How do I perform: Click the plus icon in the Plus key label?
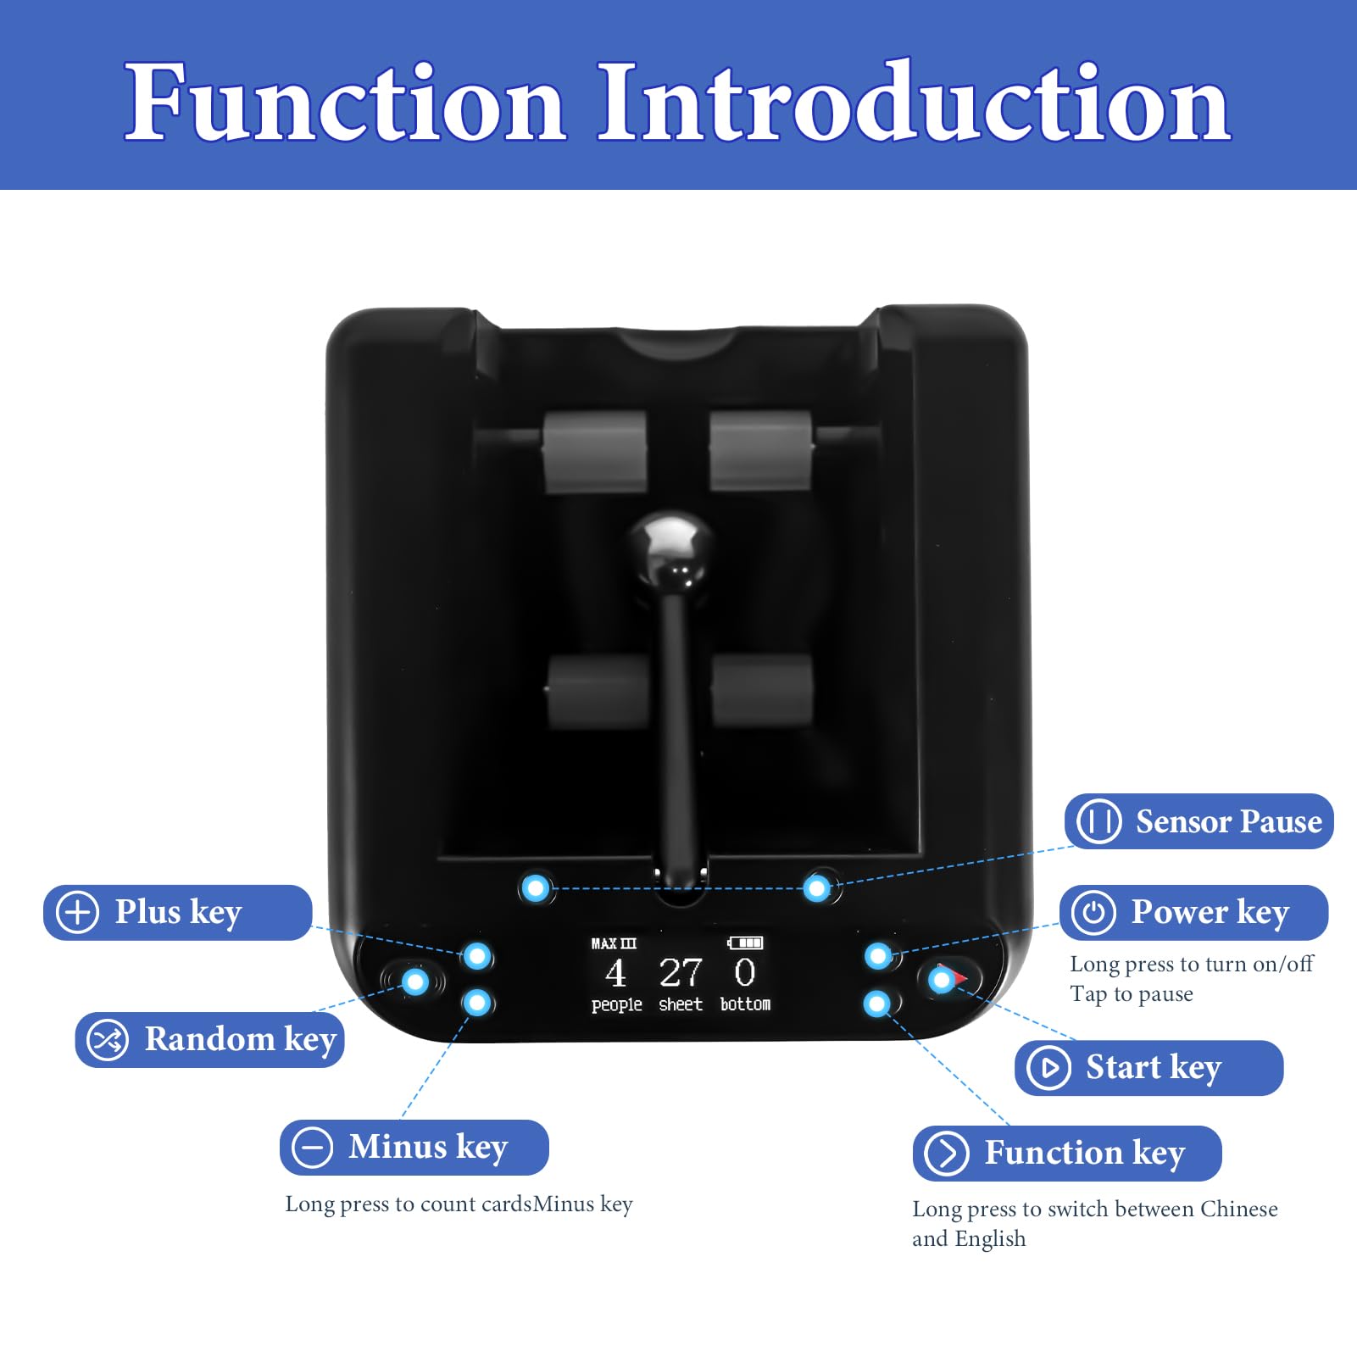[x=77, y=913]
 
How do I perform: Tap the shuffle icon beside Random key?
[x=108, y=1040]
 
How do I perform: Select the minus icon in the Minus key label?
[x=313, y=1148]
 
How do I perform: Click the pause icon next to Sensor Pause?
[x=1098, y=821]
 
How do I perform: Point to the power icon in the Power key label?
[x=1093, y=913]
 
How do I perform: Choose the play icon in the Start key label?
[x=1048, y=1068]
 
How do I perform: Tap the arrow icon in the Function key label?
[x=946, y=1154]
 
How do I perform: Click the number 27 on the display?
[x=681, y=972]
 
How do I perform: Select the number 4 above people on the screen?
[x=615, y=973]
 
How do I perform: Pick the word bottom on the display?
[x=745, y=1004]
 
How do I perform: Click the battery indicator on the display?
[x=745, y=943]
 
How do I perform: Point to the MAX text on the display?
[x=603, y=943]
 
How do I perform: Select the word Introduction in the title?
[x=915, y=103]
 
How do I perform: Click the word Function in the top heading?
[x=346, y=103]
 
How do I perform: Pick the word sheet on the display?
[x=681, y=1004]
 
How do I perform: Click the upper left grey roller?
[x=594, y=452]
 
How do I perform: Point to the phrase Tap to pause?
[x=1132, y=994]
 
